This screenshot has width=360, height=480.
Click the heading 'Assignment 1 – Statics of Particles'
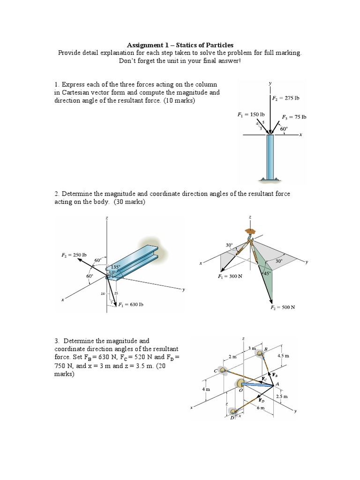180,45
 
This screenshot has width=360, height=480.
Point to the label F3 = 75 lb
294,117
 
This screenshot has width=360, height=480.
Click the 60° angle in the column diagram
284,129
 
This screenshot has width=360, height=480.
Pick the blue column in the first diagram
270,157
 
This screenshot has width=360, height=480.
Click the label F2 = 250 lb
74,255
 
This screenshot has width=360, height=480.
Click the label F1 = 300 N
230,277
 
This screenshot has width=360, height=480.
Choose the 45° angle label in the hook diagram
266,273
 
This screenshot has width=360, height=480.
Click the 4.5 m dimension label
283,356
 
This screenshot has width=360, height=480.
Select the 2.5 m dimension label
282,397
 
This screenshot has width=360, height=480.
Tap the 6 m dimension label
261,408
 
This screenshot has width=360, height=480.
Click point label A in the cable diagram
277,383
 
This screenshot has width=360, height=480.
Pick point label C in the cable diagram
216,370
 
